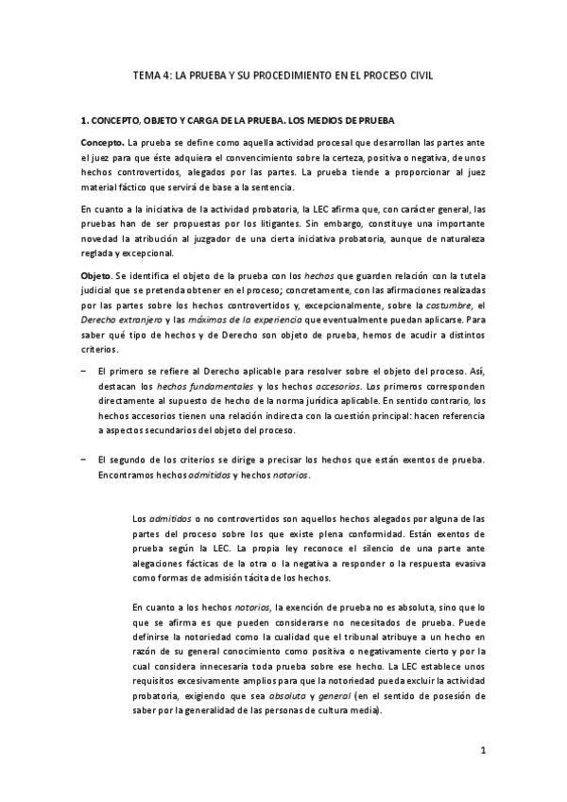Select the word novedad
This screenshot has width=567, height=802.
[x=101, y=239]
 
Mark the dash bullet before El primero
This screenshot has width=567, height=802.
[x=83, y=372]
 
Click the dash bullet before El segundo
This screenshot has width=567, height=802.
[x=83, y=461]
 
